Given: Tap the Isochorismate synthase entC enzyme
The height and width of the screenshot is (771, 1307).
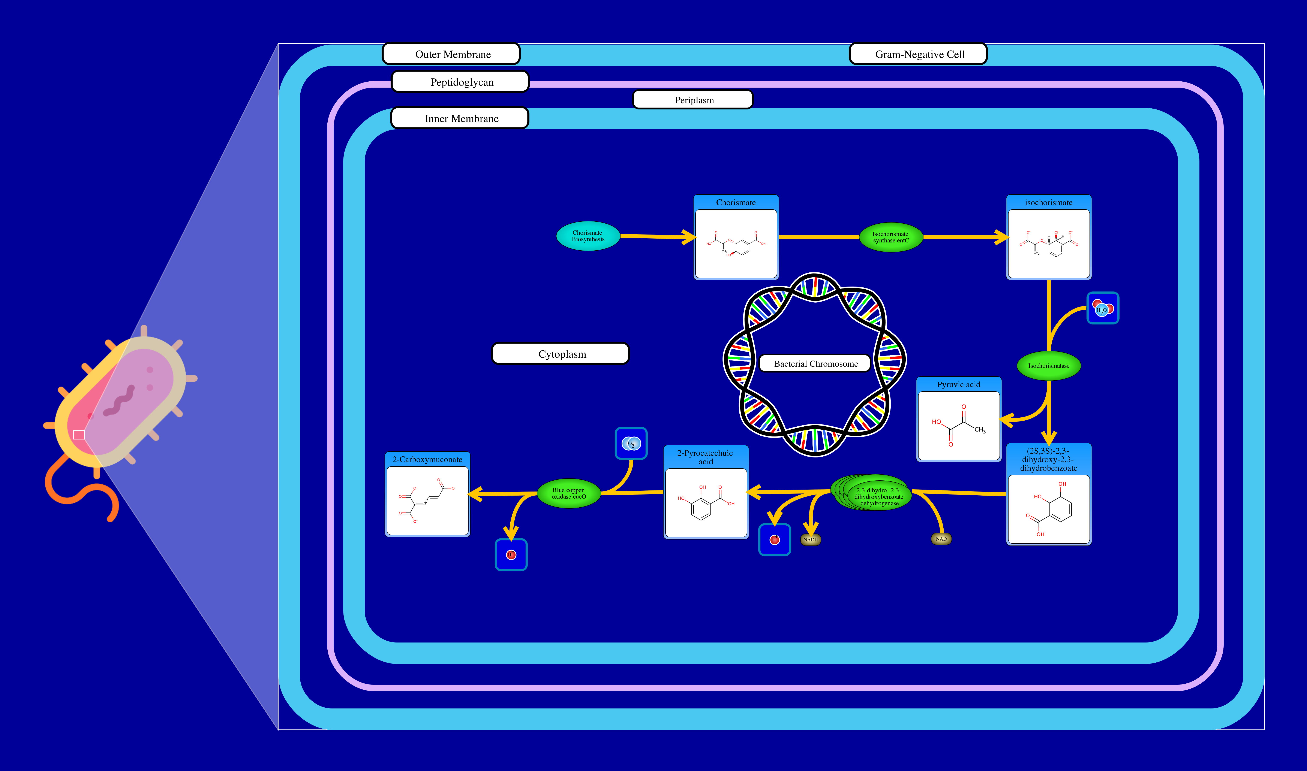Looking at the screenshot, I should (x=890, y=238).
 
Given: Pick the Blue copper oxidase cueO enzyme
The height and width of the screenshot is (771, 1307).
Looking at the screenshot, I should (x=568, y=493).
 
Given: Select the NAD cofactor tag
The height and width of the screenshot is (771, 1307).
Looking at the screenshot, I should (x=941, y=539).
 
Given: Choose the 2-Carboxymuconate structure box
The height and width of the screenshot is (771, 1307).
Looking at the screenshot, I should (x=427, y=500).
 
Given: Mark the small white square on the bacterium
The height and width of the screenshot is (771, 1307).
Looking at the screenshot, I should (x=79, y=434).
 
